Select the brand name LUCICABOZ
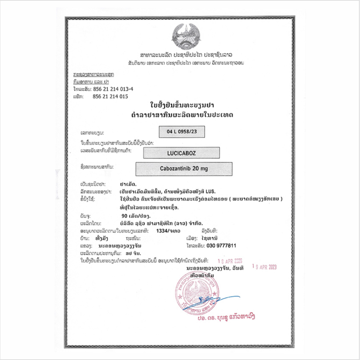tap(181, 153)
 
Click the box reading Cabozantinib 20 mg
tap(184, 169)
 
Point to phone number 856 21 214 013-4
tap(113, 89)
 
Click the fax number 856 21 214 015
tap(110, 96)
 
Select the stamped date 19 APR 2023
tap(264, 267)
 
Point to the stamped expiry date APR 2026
tap(230, 261)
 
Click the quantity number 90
tap(123, 216)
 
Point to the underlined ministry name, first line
tap(94, 75)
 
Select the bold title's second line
tap(181, 115)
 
